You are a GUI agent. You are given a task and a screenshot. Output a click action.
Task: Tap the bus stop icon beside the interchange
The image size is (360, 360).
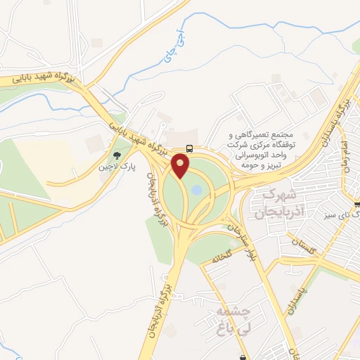[190, 148]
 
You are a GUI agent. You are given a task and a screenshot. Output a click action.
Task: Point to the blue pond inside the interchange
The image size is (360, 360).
[197, 190]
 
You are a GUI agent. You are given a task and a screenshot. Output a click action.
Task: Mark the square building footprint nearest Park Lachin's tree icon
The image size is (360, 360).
[94, 145]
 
